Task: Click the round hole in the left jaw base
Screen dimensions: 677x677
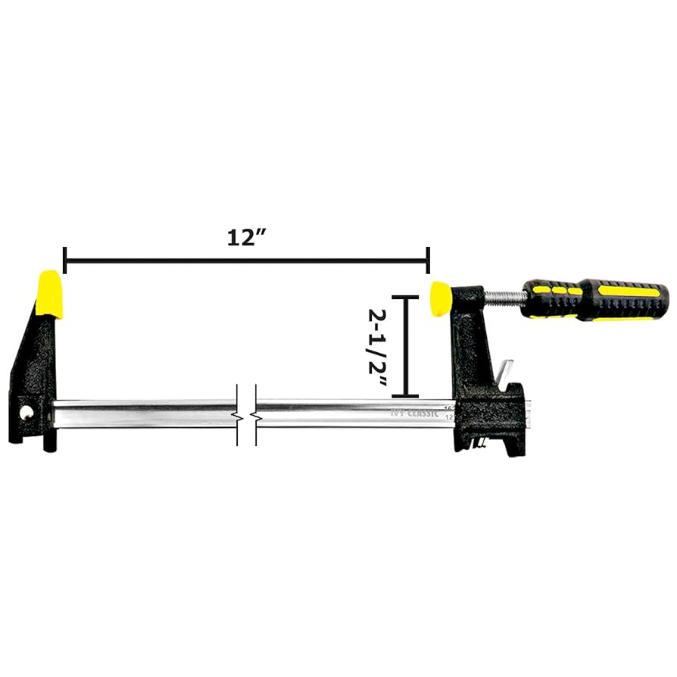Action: pos(28,413)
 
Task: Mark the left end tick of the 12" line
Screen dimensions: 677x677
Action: pos(65,260)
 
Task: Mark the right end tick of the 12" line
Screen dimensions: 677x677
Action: pos(429,260)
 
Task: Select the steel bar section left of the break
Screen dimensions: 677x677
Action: pos(144,414)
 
